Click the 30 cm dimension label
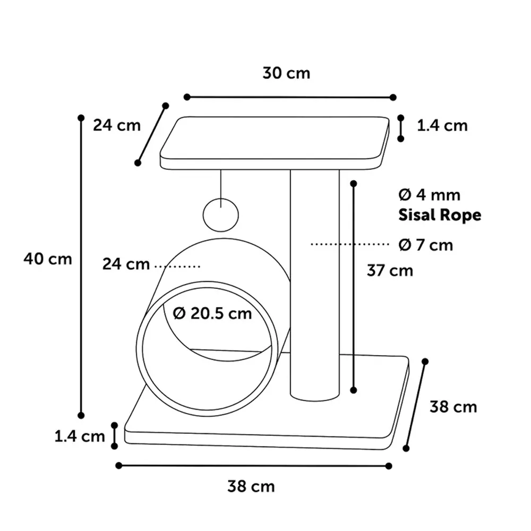coord(286,73)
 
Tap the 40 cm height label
coord(48,259)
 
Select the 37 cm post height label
coord(390,271)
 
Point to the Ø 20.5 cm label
coord(212,313)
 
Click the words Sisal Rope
coord(440,216)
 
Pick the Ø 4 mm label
coord(430,195)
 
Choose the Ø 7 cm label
coord(426,245)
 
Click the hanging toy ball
coord(221,215)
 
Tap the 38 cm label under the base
coord(251,486)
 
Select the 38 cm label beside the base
coord(453,407)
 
